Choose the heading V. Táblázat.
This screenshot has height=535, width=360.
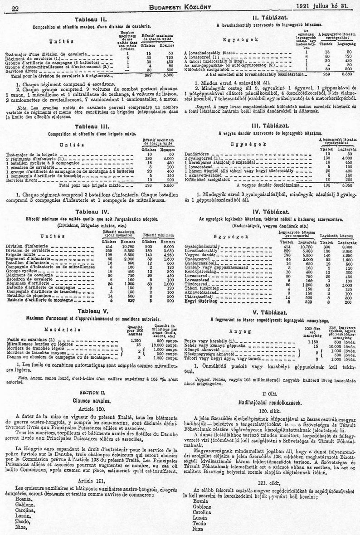coord(271,312)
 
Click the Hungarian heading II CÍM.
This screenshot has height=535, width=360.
coord(271,393)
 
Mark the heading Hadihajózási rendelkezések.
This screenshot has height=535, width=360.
coord(271,401)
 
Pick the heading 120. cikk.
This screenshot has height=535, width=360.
coord(271,410)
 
